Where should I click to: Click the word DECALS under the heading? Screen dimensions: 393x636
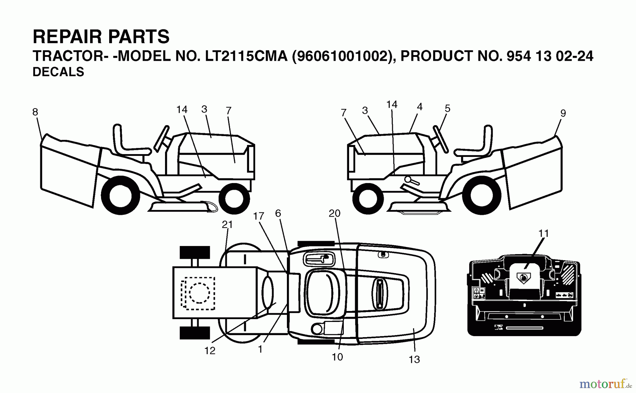coord(58,72)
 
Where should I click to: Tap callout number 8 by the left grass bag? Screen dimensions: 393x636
coord(35,112)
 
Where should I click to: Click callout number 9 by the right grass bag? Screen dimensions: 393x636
coord(563,113)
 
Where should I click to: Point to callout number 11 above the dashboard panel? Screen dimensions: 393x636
coord(543,233)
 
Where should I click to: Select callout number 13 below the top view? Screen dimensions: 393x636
coord(414,359)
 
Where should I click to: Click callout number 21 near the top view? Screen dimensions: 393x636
coord(227,224)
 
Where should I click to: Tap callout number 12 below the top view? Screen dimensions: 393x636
coord(210,351)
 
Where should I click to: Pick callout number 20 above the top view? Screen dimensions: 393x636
coord(334,213)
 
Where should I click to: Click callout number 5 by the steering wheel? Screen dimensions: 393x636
coord(447,108)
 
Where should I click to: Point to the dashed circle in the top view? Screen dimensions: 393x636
coord(199,293)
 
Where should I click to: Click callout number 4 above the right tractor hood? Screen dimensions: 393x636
coord(419,107)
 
